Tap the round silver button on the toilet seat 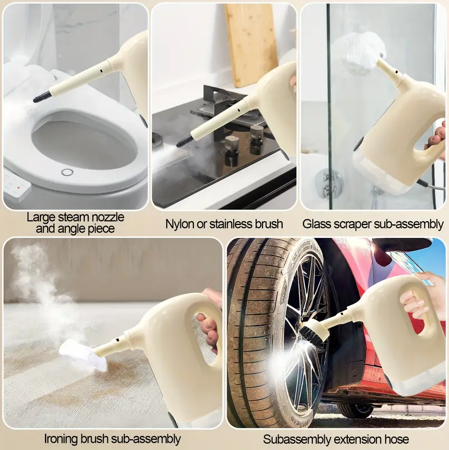[x=67, y=172]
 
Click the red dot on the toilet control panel [x=19, y=188]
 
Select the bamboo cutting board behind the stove [x=250, y=46]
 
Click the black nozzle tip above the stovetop [x=184, y=141]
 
